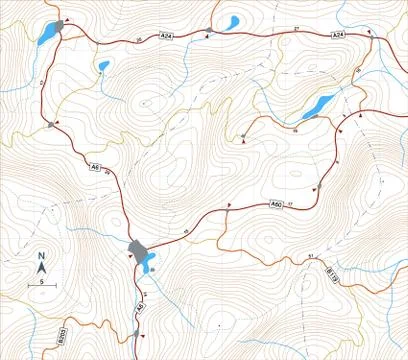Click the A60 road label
coord(276,205)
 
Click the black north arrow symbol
coord(42,268)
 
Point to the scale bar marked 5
coord(42,285)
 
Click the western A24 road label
coord(166,37)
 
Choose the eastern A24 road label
coord(338,35)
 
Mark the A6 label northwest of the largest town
coord(95,166)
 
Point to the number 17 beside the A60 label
coord(291,204)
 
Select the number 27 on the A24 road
coord(296,28)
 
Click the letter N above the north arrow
coord(42,256)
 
